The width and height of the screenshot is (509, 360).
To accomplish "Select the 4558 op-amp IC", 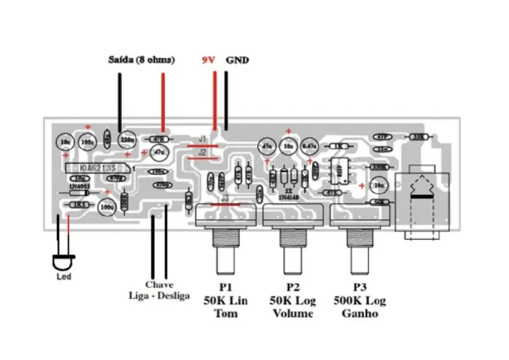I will pos(338,170).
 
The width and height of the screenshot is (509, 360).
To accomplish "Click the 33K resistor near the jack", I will pos(418,137).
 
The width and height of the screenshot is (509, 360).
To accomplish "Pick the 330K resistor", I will pos(379,167).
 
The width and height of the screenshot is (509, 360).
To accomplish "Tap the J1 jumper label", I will pos(203,140).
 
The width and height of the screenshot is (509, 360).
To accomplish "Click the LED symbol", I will pos(64,263).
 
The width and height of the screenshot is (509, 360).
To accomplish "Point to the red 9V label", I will pos(209,60).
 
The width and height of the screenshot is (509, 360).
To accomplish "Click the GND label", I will pos(237,60).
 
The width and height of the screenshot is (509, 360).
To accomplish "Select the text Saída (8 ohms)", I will pos(141,60).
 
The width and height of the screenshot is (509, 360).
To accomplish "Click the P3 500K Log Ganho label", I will pos(360,300).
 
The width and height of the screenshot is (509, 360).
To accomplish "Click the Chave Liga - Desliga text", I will pos(159,290).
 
